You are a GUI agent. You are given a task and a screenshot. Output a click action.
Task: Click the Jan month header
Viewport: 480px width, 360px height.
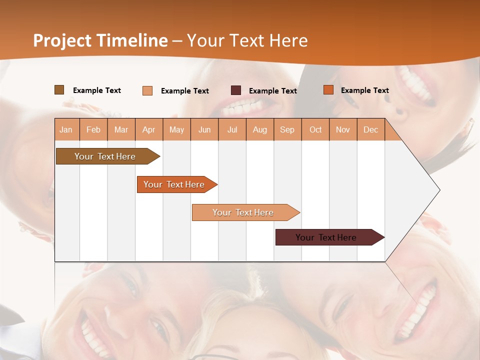click(x=66, y=129)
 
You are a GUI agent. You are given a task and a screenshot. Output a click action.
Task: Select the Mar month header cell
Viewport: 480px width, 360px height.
click(x=121, y=129)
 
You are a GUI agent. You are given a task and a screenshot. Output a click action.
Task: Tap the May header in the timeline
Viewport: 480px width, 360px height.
click(x=176, y=129)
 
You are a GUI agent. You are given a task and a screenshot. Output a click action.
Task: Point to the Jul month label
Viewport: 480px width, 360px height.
click(x=232, y=129)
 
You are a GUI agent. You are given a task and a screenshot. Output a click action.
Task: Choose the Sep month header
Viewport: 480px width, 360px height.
click(x=287, y=129)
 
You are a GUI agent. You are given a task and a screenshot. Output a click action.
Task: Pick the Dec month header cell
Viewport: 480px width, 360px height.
click(x=370, y=129)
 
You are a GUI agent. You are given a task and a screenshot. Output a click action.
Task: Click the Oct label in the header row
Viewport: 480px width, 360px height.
click(x=315, y=129)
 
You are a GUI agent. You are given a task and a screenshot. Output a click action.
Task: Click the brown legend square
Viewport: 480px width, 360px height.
click(x=59, y=90)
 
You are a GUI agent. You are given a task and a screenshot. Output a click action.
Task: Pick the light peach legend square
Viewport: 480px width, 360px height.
click(x=147, y=90)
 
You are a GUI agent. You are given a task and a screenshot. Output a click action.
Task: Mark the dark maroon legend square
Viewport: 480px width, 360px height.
click(x=236, y=90)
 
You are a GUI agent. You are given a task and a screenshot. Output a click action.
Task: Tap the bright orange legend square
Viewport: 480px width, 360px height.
click(x=328, y=90)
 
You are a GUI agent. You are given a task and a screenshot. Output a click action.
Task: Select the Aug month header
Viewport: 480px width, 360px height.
click(x=259, y=129)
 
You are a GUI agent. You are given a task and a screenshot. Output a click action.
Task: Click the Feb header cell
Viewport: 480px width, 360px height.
click(x=93, y=129)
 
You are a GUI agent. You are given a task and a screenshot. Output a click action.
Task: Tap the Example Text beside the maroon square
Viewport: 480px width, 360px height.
click(x=272, y=91)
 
